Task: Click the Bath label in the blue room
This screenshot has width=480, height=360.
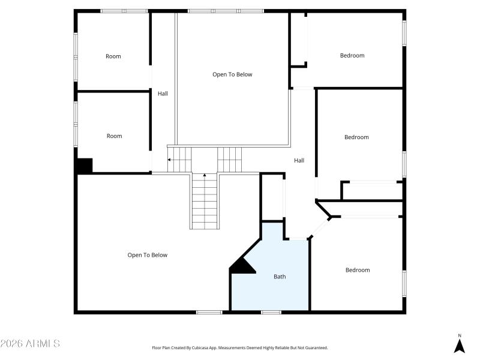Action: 280,277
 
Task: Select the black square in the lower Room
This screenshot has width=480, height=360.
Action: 84,166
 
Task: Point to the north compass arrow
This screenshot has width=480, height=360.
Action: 460,346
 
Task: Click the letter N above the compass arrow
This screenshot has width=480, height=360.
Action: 460,335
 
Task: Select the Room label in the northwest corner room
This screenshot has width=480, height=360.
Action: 113,56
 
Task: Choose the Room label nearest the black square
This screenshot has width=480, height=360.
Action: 114,136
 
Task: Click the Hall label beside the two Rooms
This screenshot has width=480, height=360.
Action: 163,94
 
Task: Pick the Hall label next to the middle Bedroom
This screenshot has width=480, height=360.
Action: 299,160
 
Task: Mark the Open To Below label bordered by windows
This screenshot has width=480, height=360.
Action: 232,74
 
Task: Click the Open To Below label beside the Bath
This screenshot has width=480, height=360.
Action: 147,255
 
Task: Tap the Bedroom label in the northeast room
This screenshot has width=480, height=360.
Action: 352,56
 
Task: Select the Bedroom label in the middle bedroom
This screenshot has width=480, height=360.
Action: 356,137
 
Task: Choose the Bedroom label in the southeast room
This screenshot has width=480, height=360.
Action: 358,270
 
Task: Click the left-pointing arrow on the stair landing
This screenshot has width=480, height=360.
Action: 170,160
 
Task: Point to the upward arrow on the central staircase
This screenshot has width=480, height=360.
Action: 205,175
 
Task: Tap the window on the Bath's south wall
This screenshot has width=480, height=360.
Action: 271,312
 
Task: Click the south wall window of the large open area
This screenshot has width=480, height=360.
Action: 209,312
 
